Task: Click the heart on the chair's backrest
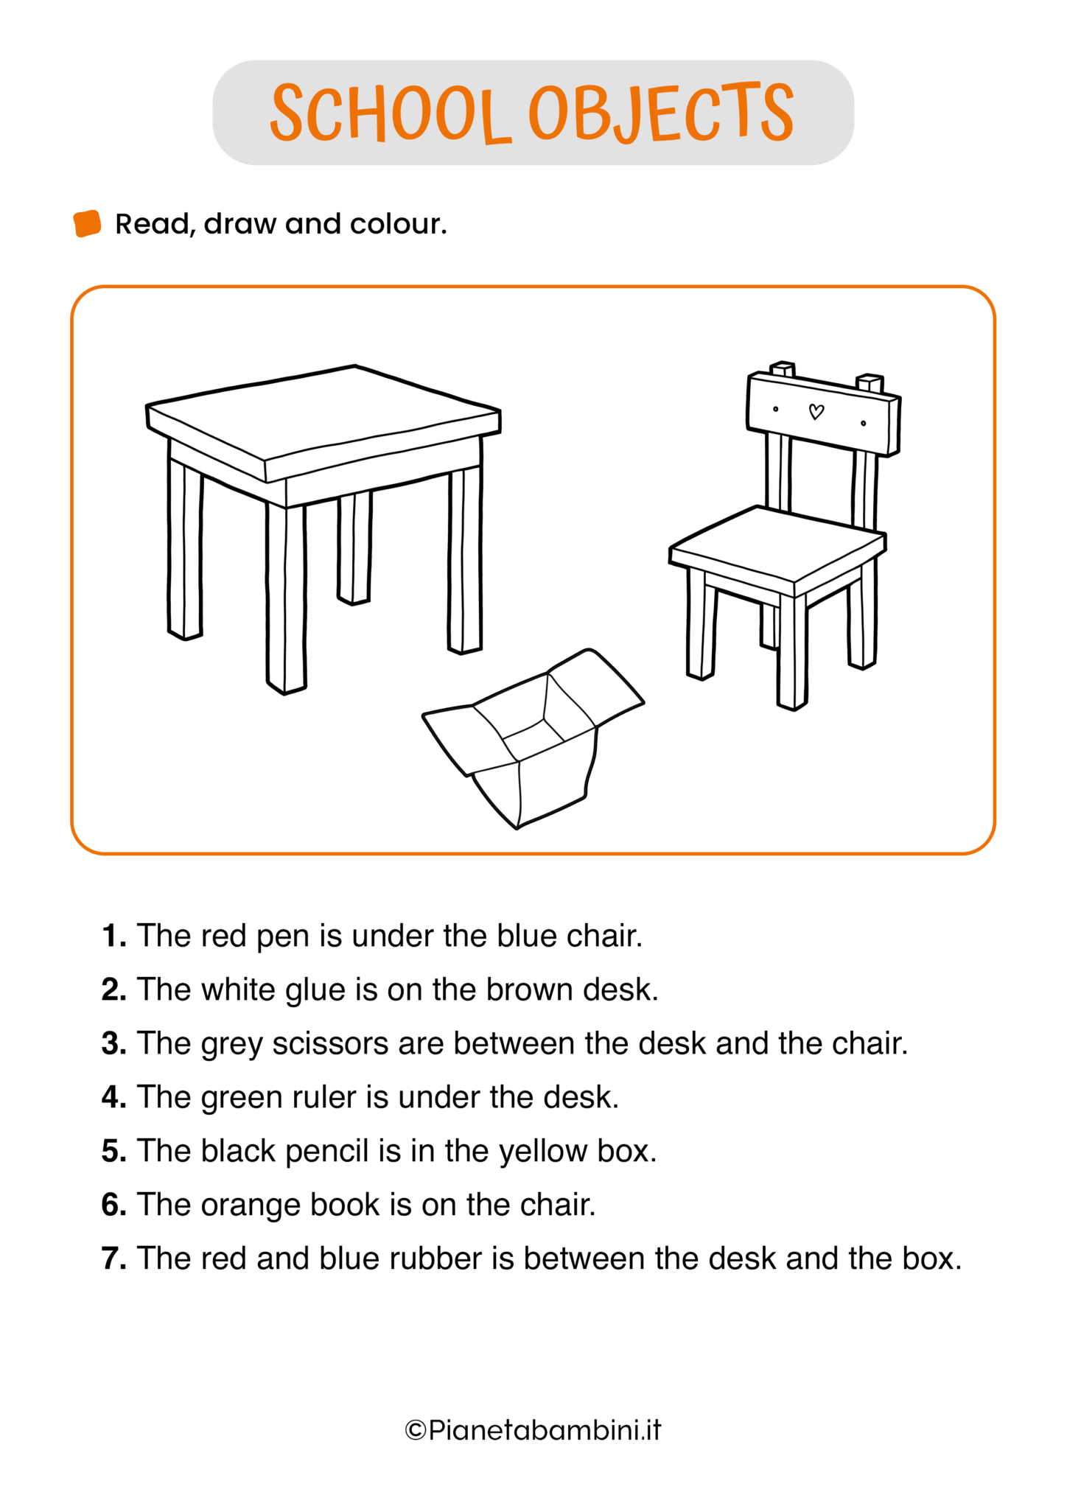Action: (x=816, y=412)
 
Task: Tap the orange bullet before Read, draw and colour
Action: (x=87, y=224)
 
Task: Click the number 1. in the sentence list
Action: (x=114, y=936)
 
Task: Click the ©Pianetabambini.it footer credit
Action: (x=533, y=1430)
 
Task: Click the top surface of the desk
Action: (x=323, y=412)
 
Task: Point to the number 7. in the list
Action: (x=114, y=1258)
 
